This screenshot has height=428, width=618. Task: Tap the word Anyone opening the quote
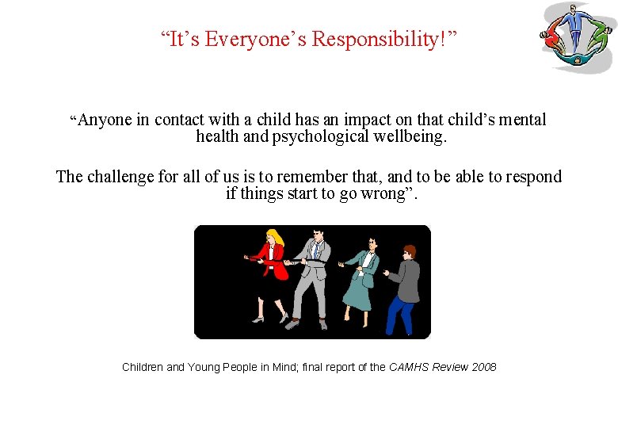pos(105,120)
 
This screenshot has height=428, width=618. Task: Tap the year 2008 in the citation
pos(483,367)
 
